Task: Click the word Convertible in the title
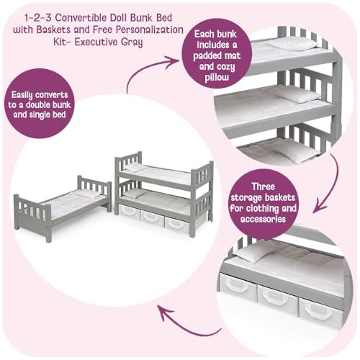81,18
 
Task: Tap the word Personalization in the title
150,30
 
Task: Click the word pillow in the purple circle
217,78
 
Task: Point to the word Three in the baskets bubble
263,186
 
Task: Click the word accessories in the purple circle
263,219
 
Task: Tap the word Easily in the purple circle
22,95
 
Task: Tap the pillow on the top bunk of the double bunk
135,167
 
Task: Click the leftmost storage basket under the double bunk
130,212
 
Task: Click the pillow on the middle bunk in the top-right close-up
297,96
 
